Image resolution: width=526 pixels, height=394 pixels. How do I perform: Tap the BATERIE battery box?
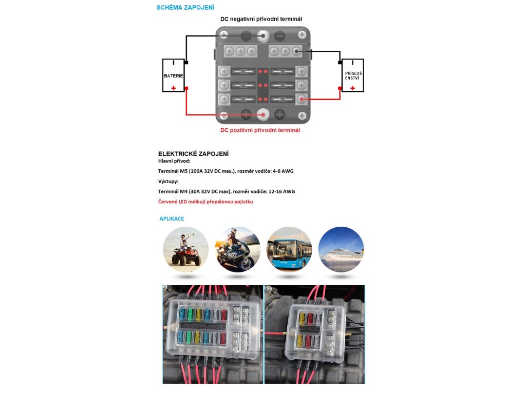[x=174, y=75]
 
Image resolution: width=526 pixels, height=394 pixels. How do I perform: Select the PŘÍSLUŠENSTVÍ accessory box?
[x=352, y=75]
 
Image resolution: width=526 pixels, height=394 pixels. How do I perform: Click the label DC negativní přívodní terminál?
[x=261, y=19]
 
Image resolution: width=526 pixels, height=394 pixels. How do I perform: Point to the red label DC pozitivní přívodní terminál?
[x=260, y=130]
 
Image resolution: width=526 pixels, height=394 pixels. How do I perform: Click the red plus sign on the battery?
[x=174, y=88]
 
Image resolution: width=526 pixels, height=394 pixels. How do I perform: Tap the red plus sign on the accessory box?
[x=352, y=88]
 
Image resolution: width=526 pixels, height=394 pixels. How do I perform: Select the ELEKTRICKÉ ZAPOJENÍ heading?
[x=193, y=154]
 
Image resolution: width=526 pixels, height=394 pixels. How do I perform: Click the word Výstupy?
[x=168, y=181]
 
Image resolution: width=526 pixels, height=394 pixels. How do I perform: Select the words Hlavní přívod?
[x=174, y=161]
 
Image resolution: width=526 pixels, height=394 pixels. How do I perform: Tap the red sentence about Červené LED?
[x=205, y=202]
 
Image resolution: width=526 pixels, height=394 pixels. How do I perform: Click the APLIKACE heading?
[x=172, y=219]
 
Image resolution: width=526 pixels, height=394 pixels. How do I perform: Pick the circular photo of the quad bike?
[x=185, y=249]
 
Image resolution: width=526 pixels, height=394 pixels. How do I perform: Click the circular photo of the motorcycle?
[x=237, y=249]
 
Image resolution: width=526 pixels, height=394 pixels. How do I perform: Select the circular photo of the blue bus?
[x=289, y=249]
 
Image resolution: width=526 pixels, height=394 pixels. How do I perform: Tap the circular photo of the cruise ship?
[x=341, y=249]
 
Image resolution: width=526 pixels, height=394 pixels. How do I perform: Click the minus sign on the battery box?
[x=174, y=63]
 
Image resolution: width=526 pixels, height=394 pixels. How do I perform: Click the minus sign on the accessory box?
[x=352, y=63]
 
